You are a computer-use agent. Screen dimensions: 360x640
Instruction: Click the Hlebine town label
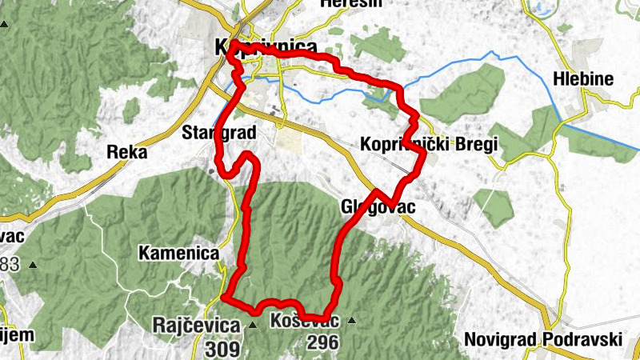point(583,79)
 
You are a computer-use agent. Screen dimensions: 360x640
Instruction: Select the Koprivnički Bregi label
point(430,145)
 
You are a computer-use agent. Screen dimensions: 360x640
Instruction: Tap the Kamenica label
point(178,253)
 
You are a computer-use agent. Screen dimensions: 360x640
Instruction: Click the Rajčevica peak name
point(196,326)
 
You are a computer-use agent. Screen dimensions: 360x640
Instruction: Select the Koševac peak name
point(305,322)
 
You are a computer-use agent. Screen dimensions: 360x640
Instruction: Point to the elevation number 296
point(321,342)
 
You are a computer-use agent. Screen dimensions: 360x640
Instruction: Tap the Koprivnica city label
point(266,48)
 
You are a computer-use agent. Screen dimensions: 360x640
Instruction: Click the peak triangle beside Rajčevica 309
point(252,325)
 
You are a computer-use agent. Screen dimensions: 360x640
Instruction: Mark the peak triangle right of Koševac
point(350,321)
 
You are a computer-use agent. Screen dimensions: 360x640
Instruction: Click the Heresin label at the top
point(351,3)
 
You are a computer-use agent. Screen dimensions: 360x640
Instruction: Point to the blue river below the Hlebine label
point(596,134)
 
